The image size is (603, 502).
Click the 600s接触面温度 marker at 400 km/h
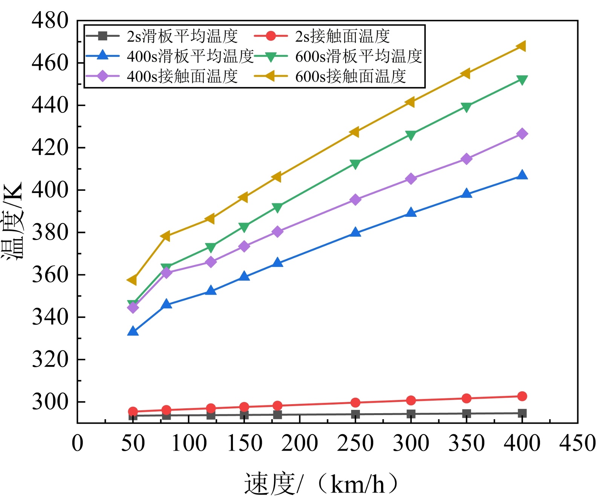pos(522,46)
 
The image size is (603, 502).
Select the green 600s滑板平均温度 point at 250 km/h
pos(355,164)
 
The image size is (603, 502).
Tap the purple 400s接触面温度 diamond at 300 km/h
pos(411,179)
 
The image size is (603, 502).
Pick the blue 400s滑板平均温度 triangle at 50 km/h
pos(133,332)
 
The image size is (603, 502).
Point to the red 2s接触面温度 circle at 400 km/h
pos(522,396)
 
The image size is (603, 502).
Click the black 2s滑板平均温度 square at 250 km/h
pos(355,414)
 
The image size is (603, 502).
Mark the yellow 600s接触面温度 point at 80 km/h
pos(166,236)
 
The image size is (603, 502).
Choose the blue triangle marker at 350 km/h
pos(467,194)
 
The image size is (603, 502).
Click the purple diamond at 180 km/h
pos(277,232)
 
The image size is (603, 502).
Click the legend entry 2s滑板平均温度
pos(182,37)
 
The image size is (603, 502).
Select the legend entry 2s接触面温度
pos(342,37)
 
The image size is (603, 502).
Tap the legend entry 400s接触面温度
pos(182,76)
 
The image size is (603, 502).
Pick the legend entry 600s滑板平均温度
pos(358,56)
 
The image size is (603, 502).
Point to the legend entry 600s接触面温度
pos(350,76)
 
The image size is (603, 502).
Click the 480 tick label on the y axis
pos(50,21)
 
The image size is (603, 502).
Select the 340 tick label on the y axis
pos(50,317)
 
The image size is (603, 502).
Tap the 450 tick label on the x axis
pos(577,443)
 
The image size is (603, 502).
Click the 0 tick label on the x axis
pos(77,443)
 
